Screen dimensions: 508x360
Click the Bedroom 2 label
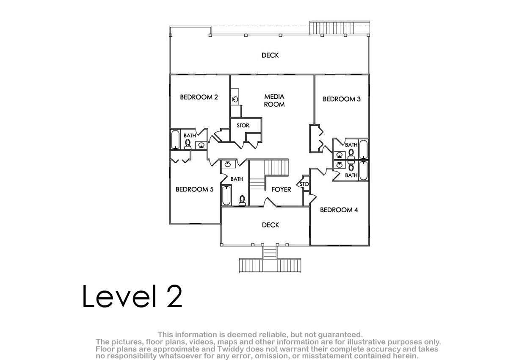199,97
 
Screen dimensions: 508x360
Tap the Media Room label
274,100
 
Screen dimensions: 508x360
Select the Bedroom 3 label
342,99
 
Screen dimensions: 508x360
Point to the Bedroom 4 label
339,210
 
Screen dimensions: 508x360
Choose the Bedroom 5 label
195,189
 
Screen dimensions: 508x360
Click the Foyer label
281,189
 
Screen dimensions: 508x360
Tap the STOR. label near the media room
243,125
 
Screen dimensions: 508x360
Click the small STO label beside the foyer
304,184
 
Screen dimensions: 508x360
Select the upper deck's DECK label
270,55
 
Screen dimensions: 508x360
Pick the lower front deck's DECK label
271,225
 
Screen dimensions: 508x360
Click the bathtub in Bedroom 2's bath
175,139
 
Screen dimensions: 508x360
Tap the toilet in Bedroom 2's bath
188,144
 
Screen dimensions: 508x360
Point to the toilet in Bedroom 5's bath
242,200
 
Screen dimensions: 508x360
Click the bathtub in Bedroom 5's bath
226,195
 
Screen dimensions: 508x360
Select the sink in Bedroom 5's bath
228,164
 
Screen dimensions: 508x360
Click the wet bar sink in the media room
235,100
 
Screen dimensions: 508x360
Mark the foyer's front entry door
270,202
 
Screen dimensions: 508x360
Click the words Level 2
132,296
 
